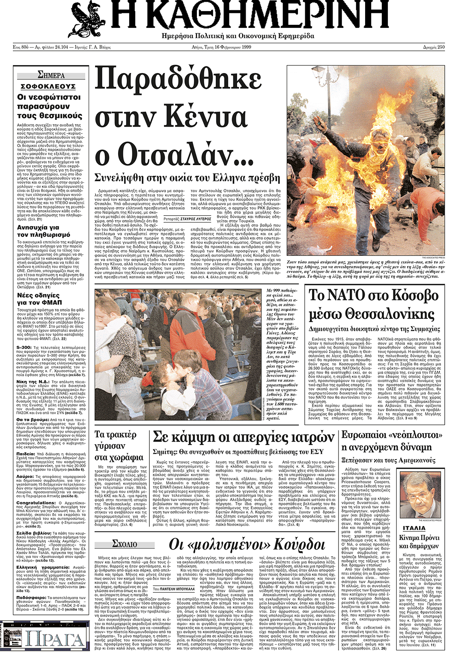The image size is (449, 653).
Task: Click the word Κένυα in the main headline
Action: (x=201, y=116)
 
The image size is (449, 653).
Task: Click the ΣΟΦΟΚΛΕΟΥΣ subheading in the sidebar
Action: (x=48, y=86)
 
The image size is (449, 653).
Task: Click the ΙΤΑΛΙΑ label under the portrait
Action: (x=414, y=528)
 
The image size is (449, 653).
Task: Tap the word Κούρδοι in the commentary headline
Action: (x=299, y=544)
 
